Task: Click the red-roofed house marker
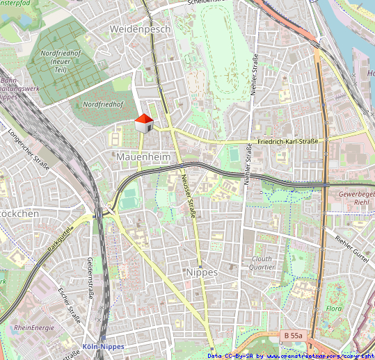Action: tap(143, 123)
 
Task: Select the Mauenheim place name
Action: tap(143, 157)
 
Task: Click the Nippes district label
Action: tap(202, 272)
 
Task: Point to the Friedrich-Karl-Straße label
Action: tap(287, 141)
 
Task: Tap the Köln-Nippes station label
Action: tap(103, 346)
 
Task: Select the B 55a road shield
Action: tap(294, 336)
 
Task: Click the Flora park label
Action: tap(335, 308)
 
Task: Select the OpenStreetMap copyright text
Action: tap(291, 356)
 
